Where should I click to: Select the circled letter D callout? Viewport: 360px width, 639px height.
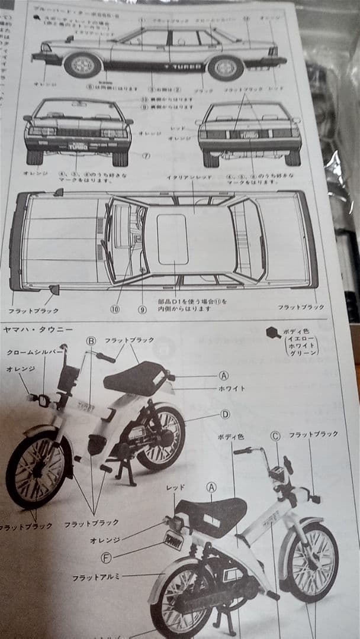click(x=225, y=414)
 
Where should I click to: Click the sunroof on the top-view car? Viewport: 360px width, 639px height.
click(x=172, y=239)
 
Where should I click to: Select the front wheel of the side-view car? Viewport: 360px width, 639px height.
click(x=83, y=64)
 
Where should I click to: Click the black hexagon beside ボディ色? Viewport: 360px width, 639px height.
click(x=273, y=333)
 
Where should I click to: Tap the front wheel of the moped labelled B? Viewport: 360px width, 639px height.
click(x=37, y=468)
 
